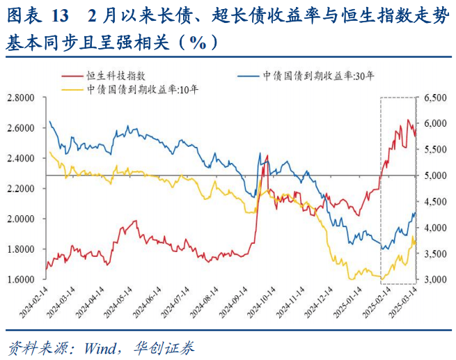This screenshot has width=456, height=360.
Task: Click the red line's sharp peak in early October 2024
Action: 267,155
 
